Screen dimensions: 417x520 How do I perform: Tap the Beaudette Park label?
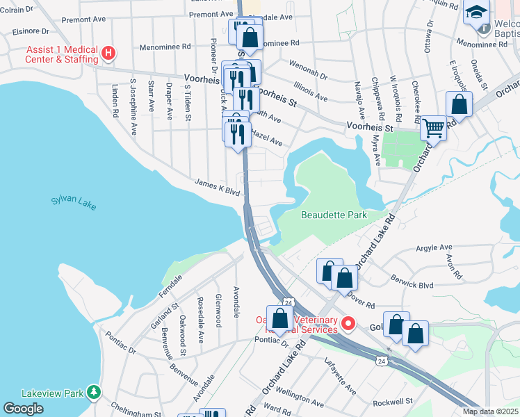point(334,215)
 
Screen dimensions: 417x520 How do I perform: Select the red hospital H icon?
point(108,53)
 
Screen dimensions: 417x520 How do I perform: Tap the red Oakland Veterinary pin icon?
point(348,324)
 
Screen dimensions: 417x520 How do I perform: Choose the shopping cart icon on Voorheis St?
point(433,128)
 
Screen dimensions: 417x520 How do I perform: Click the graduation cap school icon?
point(478,14)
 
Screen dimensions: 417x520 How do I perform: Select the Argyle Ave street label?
point(434,247)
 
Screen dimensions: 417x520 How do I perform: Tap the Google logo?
point(23,408)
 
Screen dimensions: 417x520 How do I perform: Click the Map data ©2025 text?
point(490,411)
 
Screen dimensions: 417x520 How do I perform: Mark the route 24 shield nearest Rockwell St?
point(382,361)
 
